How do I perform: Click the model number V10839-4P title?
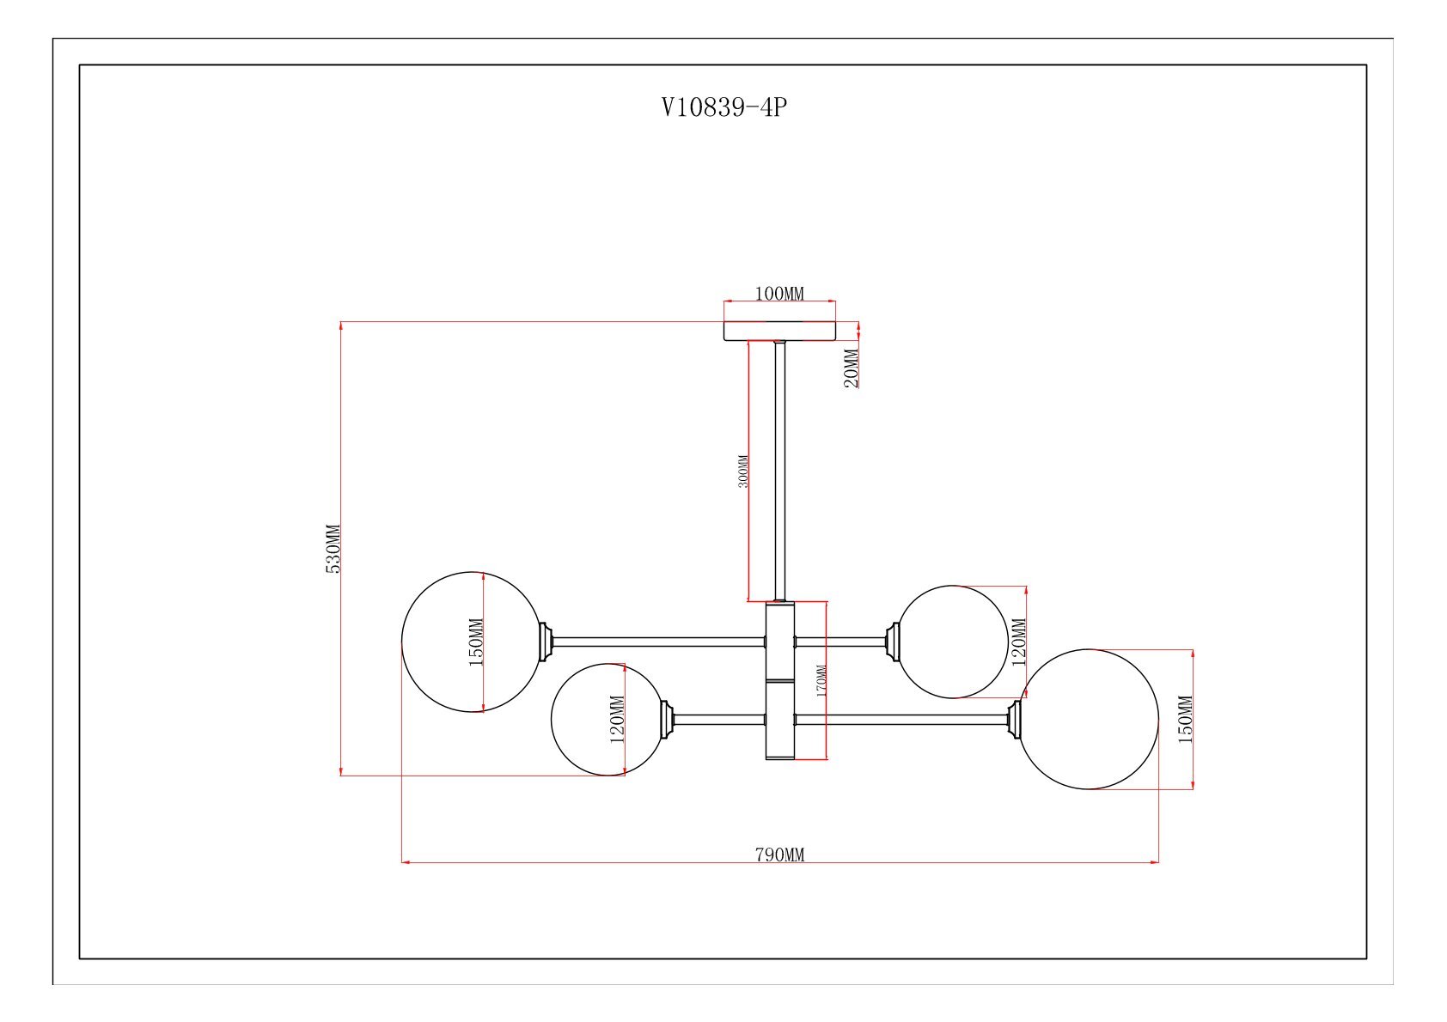pyautogui.click(x=723, y=107)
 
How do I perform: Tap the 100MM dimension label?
pyautogui.click(x=779, y=294)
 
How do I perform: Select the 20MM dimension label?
pyautogui.click(x=851, y=368)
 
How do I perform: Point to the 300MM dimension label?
pyautogui.click(x=743, y=471)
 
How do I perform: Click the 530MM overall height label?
pyautogui.click(x=333, y=549)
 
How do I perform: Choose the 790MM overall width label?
pyautogui.click(x=779, y=855)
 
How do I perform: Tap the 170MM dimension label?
pyautogui.click(x=821, y=680)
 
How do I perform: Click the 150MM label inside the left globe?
pyautogui.click(x=477, y=642)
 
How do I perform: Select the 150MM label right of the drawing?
pyautogui.click(x=1185, y=719)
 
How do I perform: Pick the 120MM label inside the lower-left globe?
pyautogui.click(x=617, y=719)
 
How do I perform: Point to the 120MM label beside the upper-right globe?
pyautogui.click(x=1020, y=642)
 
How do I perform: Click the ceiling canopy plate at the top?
pyautogui.click(x=779, y=331)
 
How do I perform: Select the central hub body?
pyautogui.click(x=780, y=680)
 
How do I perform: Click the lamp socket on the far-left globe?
pyautogui.click(x=545, y=642)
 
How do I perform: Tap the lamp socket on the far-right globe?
pyautogui.click(x=1015, y=719)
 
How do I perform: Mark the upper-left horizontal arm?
pyautogui.click(x=657, y=642)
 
